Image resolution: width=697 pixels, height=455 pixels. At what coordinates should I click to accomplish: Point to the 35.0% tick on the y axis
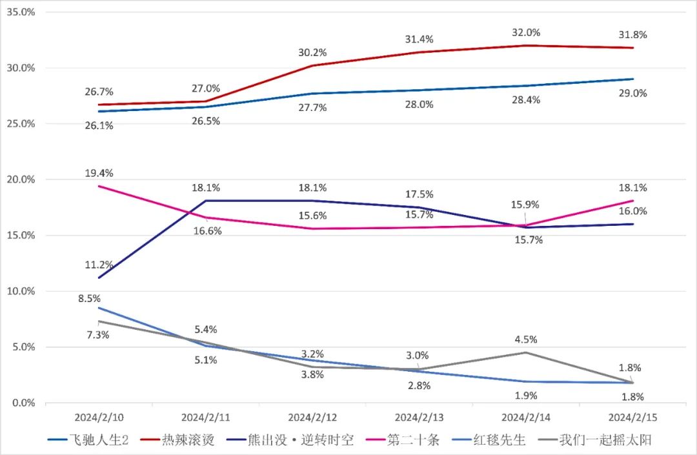(x=21, y=12)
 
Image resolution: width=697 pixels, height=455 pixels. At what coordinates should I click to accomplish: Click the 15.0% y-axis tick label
(x=21, y=235)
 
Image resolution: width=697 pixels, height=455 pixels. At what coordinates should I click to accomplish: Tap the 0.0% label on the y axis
(x=23, y=403)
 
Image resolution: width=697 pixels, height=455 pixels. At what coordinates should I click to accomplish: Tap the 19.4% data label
(x=99, y=173)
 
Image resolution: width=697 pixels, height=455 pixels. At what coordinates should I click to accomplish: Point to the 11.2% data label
(x=99, y=265)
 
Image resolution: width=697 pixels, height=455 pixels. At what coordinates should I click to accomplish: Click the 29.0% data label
(x=632, y=93)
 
